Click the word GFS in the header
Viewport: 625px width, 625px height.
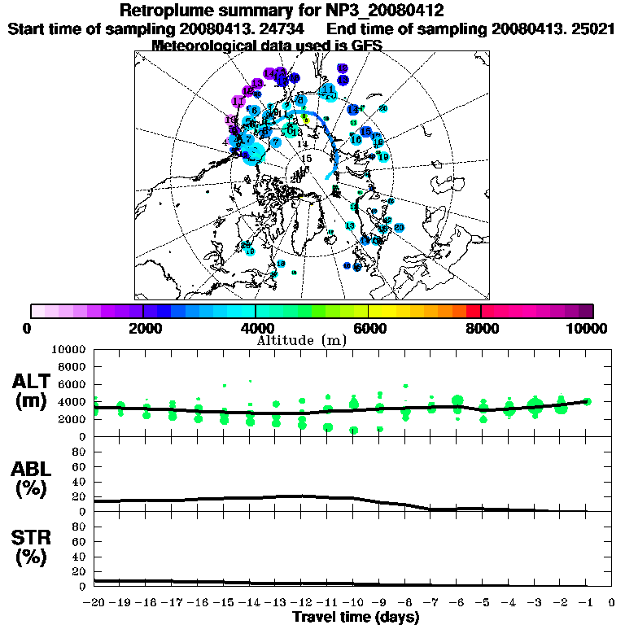tap(367, 46)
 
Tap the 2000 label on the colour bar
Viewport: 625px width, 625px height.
tap(142, 329)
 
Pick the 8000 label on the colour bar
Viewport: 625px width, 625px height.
tap(480, 329)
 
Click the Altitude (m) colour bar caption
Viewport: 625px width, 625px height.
tap(301, 340)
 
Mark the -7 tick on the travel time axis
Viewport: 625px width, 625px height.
tap(431, 603)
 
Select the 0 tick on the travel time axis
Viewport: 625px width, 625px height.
tap(612, 603)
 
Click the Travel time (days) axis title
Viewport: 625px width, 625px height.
tap(356, 618)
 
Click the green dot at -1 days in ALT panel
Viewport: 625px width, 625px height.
tap(587, 401)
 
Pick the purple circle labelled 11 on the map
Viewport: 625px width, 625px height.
tap(238, 102)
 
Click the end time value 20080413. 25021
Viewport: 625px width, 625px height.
tap(553, 28)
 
